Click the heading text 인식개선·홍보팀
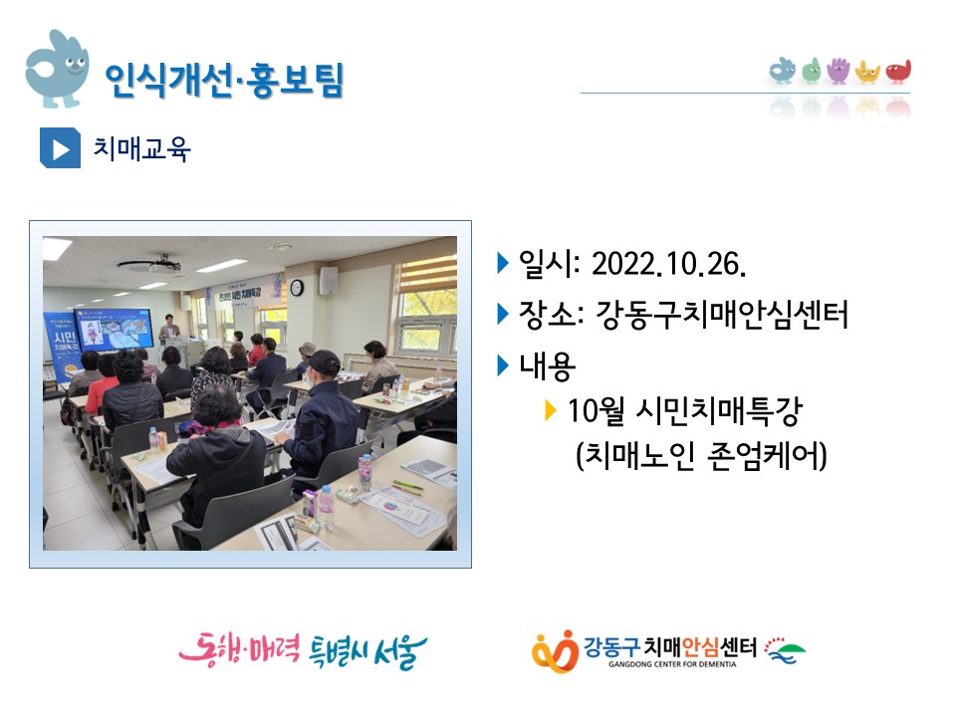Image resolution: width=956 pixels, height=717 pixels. click(224, 81)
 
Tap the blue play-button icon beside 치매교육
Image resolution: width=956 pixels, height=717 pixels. click(60, 148)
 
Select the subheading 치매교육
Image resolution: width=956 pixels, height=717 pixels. click(141, 148)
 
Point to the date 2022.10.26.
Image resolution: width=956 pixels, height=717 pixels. click(669, 264)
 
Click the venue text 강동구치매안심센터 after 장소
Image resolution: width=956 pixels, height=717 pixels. click(721, 315)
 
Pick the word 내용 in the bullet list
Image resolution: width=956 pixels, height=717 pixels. click(547, 365)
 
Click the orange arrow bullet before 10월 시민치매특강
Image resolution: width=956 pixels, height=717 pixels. click(551, 410)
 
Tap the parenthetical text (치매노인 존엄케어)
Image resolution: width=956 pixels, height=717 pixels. click(701, 455)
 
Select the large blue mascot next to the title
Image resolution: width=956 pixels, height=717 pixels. click(57, 69)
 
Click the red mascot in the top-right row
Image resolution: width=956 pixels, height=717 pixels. click(898, 72)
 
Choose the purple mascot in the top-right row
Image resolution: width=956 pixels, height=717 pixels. click(838, 71)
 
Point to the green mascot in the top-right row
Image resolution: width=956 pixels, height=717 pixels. click(811, 71)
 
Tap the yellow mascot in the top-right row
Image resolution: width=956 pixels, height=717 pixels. click(867, 72)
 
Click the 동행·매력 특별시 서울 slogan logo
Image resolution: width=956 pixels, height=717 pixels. click(303, 650)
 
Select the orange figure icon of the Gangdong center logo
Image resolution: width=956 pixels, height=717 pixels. click(555, 650)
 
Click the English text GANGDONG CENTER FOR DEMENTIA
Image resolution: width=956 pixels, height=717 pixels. click(672, 664)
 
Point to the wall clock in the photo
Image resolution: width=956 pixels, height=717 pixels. click(297, 287)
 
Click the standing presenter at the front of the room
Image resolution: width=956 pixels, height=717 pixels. click(169, 333)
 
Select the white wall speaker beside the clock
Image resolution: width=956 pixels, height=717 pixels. click(328, 281)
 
